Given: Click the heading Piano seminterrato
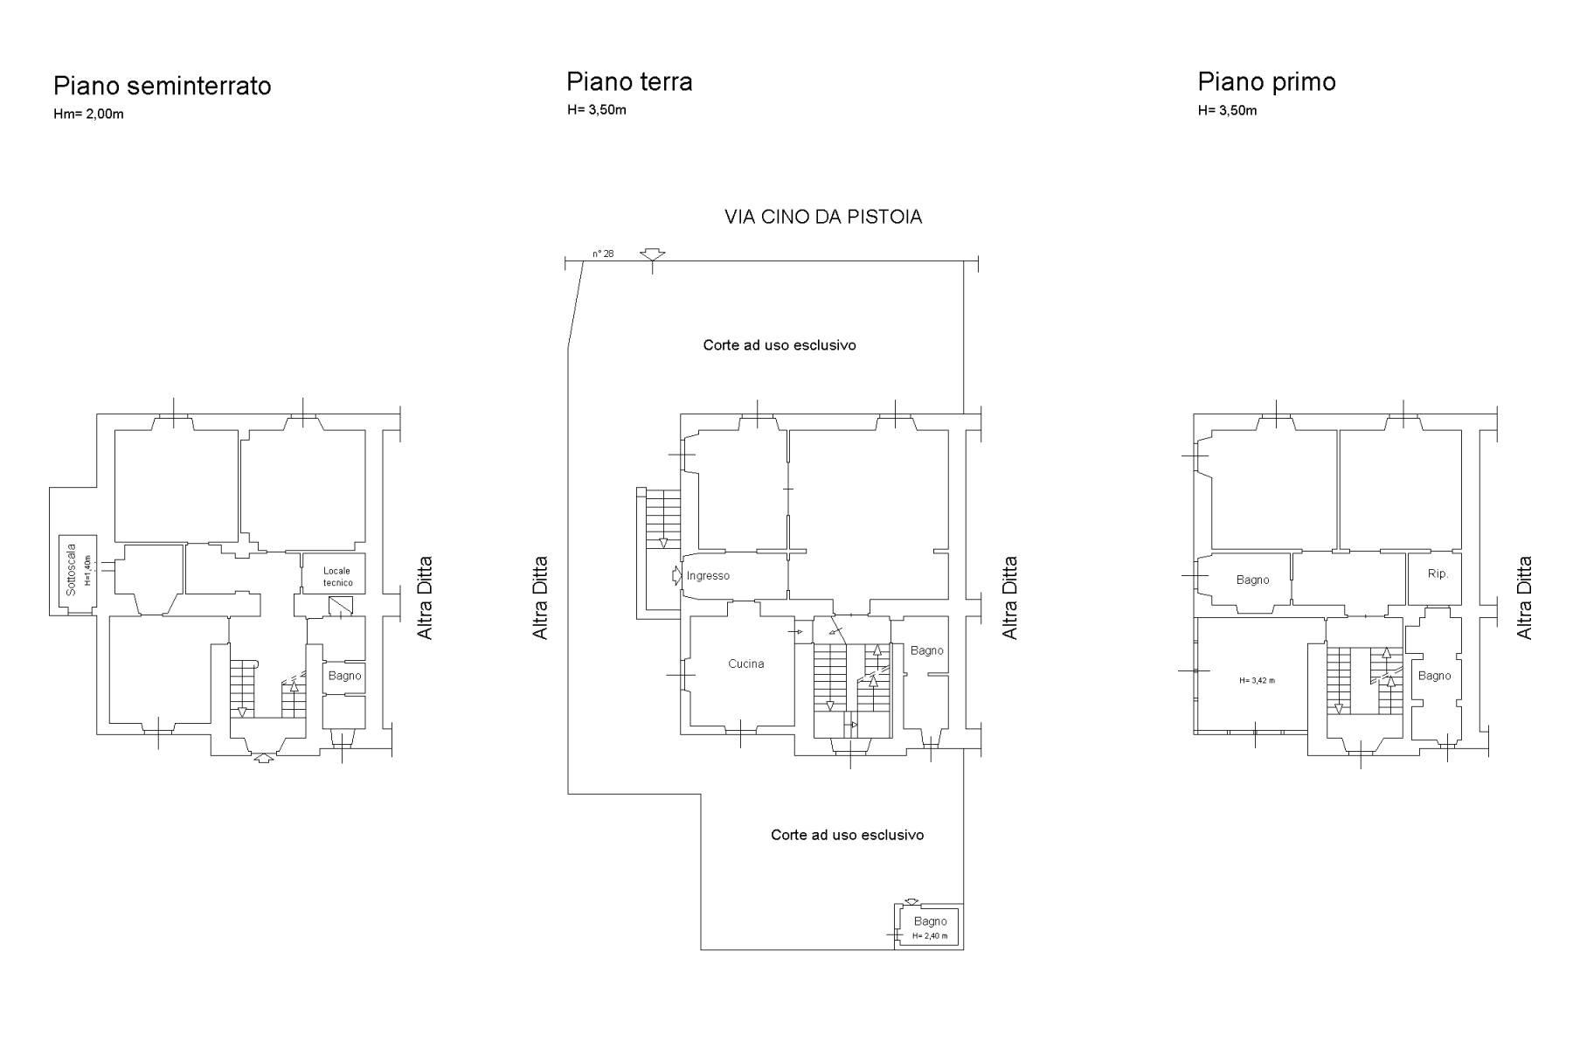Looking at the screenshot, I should [162, 86].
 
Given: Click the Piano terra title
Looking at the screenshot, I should [629, 81].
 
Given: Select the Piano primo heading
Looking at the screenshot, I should [1266, 82].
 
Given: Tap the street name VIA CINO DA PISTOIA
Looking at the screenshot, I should [823, 217].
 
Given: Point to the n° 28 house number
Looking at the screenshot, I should [603, 254].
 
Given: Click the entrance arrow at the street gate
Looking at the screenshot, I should [652, 254].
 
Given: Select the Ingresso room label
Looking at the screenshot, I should [708, 575].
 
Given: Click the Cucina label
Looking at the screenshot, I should [745, 663].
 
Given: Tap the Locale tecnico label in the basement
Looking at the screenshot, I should [337, 576].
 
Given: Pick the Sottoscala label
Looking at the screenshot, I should [72, 570].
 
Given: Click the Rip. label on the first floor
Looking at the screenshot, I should [1438, 574].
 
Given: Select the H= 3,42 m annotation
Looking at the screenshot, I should [1257, 680].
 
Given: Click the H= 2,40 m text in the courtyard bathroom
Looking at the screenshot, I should [930, 935].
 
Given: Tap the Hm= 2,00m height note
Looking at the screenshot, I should [88, 115].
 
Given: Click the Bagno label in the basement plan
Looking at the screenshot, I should [344, 676].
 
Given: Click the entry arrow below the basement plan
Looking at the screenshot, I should [263, 759].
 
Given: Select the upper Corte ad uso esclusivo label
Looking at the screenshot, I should [780, 345].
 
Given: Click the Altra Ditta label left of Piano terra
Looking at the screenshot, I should [541, 597].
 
